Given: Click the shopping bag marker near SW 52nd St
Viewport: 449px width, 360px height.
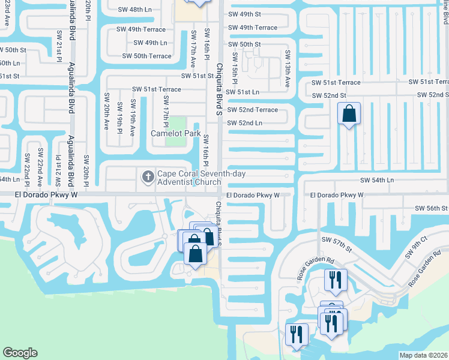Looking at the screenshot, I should (349, 113).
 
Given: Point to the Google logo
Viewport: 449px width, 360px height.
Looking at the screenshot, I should (20, 353).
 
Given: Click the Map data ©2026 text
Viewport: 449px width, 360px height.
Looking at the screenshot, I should (423, 355).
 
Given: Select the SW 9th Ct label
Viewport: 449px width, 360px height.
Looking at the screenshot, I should (415, 247).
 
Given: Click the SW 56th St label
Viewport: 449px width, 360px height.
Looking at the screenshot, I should (432, 208).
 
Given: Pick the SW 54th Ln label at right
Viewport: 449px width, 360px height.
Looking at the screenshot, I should (377, 180).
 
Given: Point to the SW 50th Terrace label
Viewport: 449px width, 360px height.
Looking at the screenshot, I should (146, 56).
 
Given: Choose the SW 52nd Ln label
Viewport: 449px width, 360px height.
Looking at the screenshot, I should (244, 123).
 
